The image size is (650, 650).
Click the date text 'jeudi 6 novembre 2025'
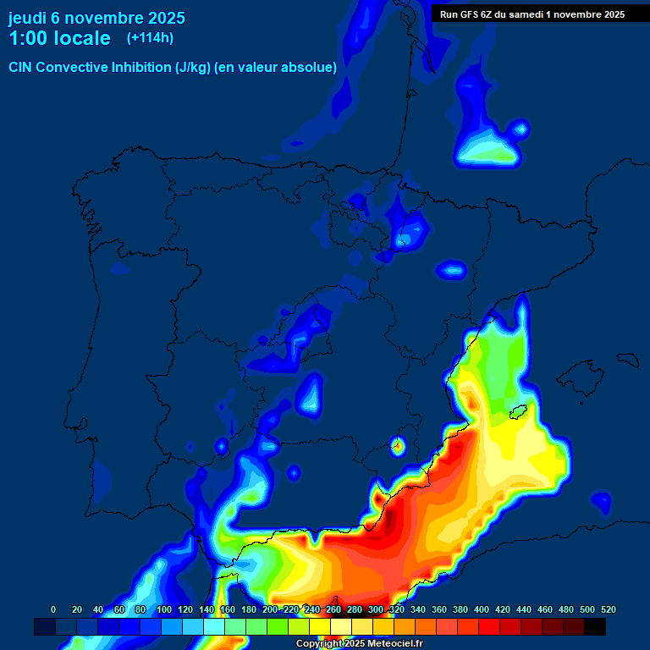[x=96, y=18]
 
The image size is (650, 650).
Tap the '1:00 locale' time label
[x=59, y=38]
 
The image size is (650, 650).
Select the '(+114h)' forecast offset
[x=150, y=38]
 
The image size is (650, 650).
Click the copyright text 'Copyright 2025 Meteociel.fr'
[x=359, y=644]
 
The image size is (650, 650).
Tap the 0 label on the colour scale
[x=53, y=609]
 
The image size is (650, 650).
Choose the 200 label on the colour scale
[x=270, y=609]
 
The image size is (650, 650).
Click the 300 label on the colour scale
[x=376, y=609]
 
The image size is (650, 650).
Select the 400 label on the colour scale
[x=482, y=609]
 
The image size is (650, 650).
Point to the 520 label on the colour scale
[x=608, y=609]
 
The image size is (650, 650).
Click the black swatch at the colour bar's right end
[x=595, y=626]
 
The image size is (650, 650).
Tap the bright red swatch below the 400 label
[x=489, y=626]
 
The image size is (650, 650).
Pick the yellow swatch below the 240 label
[x=320, y=626]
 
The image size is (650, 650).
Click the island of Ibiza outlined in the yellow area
[x=519, y=412]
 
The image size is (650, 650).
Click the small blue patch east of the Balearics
[x=601, y=503]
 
